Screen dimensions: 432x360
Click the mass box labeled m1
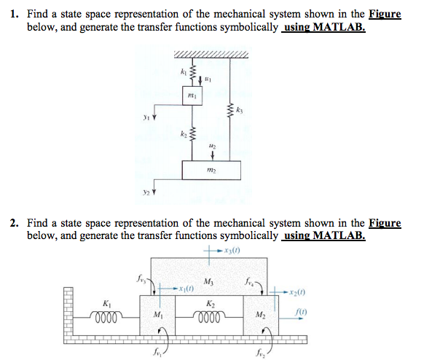(192, 95)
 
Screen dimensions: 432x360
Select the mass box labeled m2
(211, 171)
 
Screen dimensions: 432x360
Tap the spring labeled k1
(193, 72)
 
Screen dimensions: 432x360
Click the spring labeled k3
(230, 111)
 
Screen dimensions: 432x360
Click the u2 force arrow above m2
(212, 155)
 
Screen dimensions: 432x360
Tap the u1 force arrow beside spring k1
(200, 80)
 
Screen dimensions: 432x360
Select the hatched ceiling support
(211, 55)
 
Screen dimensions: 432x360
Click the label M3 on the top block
(208, 282)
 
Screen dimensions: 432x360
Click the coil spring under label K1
(106, 316)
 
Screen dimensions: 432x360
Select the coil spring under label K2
(209, 316)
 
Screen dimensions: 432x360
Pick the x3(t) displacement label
(232, 251)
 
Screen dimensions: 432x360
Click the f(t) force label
(301, 312)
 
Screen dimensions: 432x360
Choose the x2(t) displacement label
(297, 292)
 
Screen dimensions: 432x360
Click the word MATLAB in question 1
(339, 27)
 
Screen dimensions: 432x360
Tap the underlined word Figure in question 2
(385, 222)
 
